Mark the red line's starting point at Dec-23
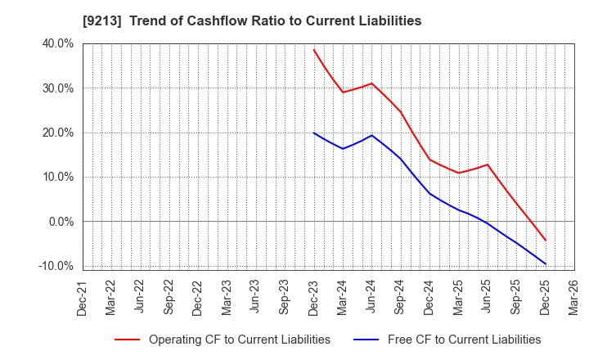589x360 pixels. point(314,49)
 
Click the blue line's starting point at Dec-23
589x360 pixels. point(314,133)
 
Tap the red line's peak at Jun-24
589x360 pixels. point(371,83)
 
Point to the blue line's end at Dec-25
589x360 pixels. point(545,263)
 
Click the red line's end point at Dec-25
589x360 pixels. point(545,241)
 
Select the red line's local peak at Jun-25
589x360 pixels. point(488,164)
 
